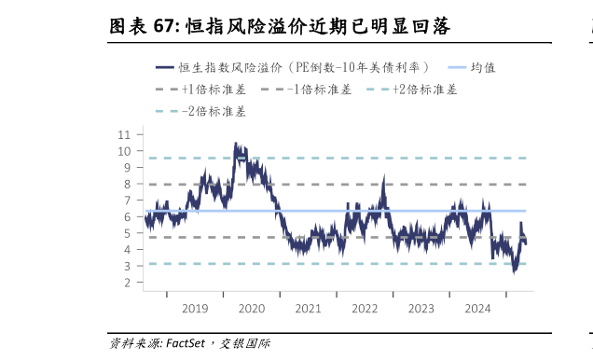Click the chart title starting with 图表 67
coord(280,27)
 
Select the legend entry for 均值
coord(471,67)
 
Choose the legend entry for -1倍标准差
coord(307,90)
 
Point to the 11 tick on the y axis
coord(125,134)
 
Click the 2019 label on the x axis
coord(195,308)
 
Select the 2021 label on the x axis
coord(308,308)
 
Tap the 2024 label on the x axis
coord(477,308)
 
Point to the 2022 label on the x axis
coord(365,308)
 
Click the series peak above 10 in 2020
coord(235,144)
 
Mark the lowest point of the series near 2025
coord(514,271)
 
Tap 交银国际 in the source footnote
coord(245,343)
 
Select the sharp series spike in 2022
coord(383,177)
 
